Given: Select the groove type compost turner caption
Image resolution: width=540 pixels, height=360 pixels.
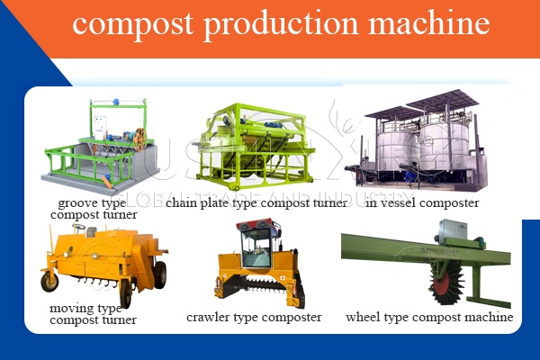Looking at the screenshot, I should pos(94,209).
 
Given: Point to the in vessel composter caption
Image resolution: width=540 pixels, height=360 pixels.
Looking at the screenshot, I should pos(423,203).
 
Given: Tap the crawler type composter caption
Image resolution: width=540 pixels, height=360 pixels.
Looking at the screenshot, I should pos(253,317).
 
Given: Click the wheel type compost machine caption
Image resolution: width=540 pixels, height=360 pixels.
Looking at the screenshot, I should pos(429,317).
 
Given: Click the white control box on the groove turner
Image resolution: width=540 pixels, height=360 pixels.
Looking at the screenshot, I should pos(102,126).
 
